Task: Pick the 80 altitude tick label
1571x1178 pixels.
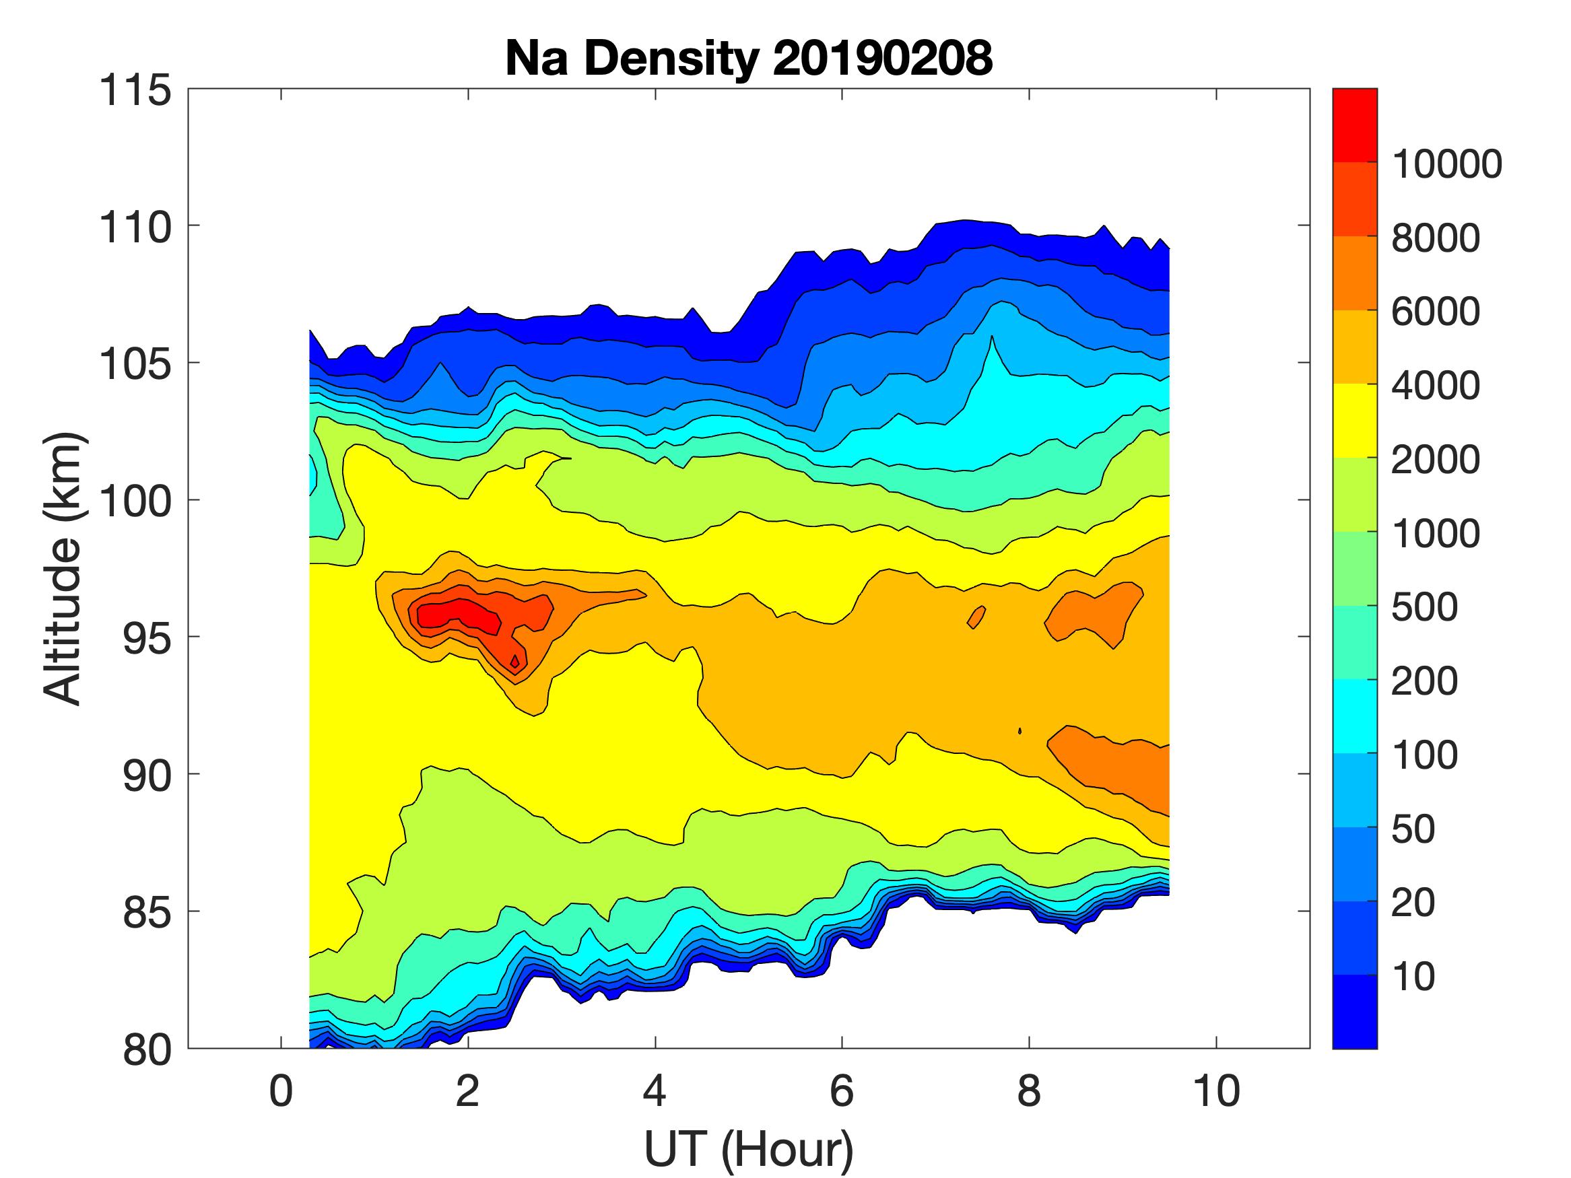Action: point(147,1049)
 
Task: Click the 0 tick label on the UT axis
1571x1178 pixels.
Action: point(281,1090)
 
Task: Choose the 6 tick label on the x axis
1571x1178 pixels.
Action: point(842,1090)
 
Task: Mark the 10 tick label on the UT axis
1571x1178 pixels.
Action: point(1217,1090)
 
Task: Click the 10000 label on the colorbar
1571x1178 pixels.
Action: point(1446,164)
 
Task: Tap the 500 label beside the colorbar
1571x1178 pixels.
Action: point(1424,607)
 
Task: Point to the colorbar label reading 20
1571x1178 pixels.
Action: point(1413,903)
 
